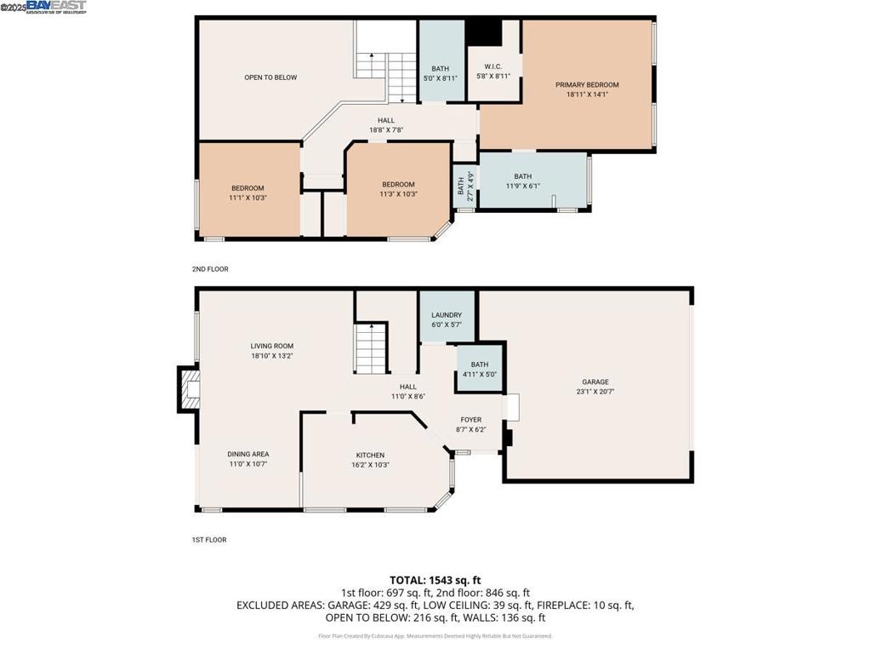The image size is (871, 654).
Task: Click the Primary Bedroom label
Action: click(x=587, y=85)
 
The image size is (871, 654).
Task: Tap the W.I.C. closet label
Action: click(x=493, y=66)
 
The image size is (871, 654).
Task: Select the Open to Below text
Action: click(x=270, y=77)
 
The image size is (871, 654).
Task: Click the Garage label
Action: click(x=595, y=382)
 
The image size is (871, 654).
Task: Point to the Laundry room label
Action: click(x=447, y=315)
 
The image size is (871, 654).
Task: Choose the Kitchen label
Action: click(x=370, y=456)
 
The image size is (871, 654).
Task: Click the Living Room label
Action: click(x=272, y=346)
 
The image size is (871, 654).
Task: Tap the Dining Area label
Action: click(x=248, y=455)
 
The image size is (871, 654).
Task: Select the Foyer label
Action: click(x=471, y=420)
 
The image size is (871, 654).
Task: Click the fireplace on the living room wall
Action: click(x=189, y=388)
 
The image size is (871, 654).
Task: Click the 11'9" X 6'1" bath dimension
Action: click(x=522, y=186)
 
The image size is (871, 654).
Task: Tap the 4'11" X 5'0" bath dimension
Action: click(x=479, y=374)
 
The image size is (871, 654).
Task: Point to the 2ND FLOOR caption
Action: click(x=210, y=269)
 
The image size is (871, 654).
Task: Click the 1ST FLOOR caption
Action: click(x=209, y=540)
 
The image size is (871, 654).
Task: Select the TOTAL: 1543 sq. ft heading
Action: click(x=435, y=579)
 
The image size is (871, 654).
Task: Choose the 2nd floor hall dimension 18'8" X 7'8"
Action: click(x=385, y=130)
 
